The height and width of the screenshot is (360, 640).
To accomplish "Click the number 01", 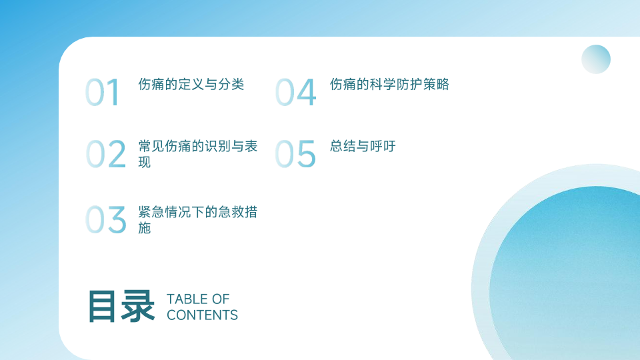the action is coord(103,92).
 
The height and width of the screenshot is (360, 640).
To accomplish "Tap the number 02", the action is coord(106,154).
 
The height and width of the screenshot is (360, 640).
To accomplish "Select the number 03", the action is coord(106,219).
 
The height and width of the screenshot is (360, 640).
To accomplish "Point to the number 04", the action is coord(296,92).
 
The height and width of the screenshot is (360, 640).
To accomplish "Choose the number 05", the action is coord(295,154).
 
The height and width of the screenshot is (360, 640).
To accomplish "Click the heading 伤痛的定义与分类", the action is coord(191,85).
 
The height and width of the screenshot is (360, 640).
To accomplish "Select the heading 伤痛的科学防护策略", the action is coord(389,85).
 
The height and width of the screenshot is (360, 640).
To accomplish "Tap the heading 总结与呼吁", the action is coord(363,146).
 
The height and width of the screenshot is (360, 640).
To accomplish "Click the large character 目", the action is coord(102,307).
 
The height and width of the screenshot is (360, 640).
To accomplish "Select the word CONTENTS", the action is coord(202,315).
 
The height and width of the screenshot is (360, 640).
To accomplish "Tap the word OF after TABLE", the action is coord(221,299).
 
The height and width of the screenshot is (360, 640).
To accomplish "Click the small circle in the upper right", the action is coord(596,59).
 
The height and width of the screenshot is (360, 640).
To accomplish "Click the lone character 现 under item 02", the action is coord(145,162).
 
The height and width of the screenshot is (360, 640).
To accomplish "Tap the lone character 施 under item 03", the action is coord(145,228).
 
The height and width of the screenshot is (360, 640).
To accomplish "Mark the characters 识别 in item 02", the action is coord(218,146).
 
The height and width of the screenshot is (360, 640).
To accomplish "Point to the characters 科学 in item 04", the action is coord(383,85).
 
